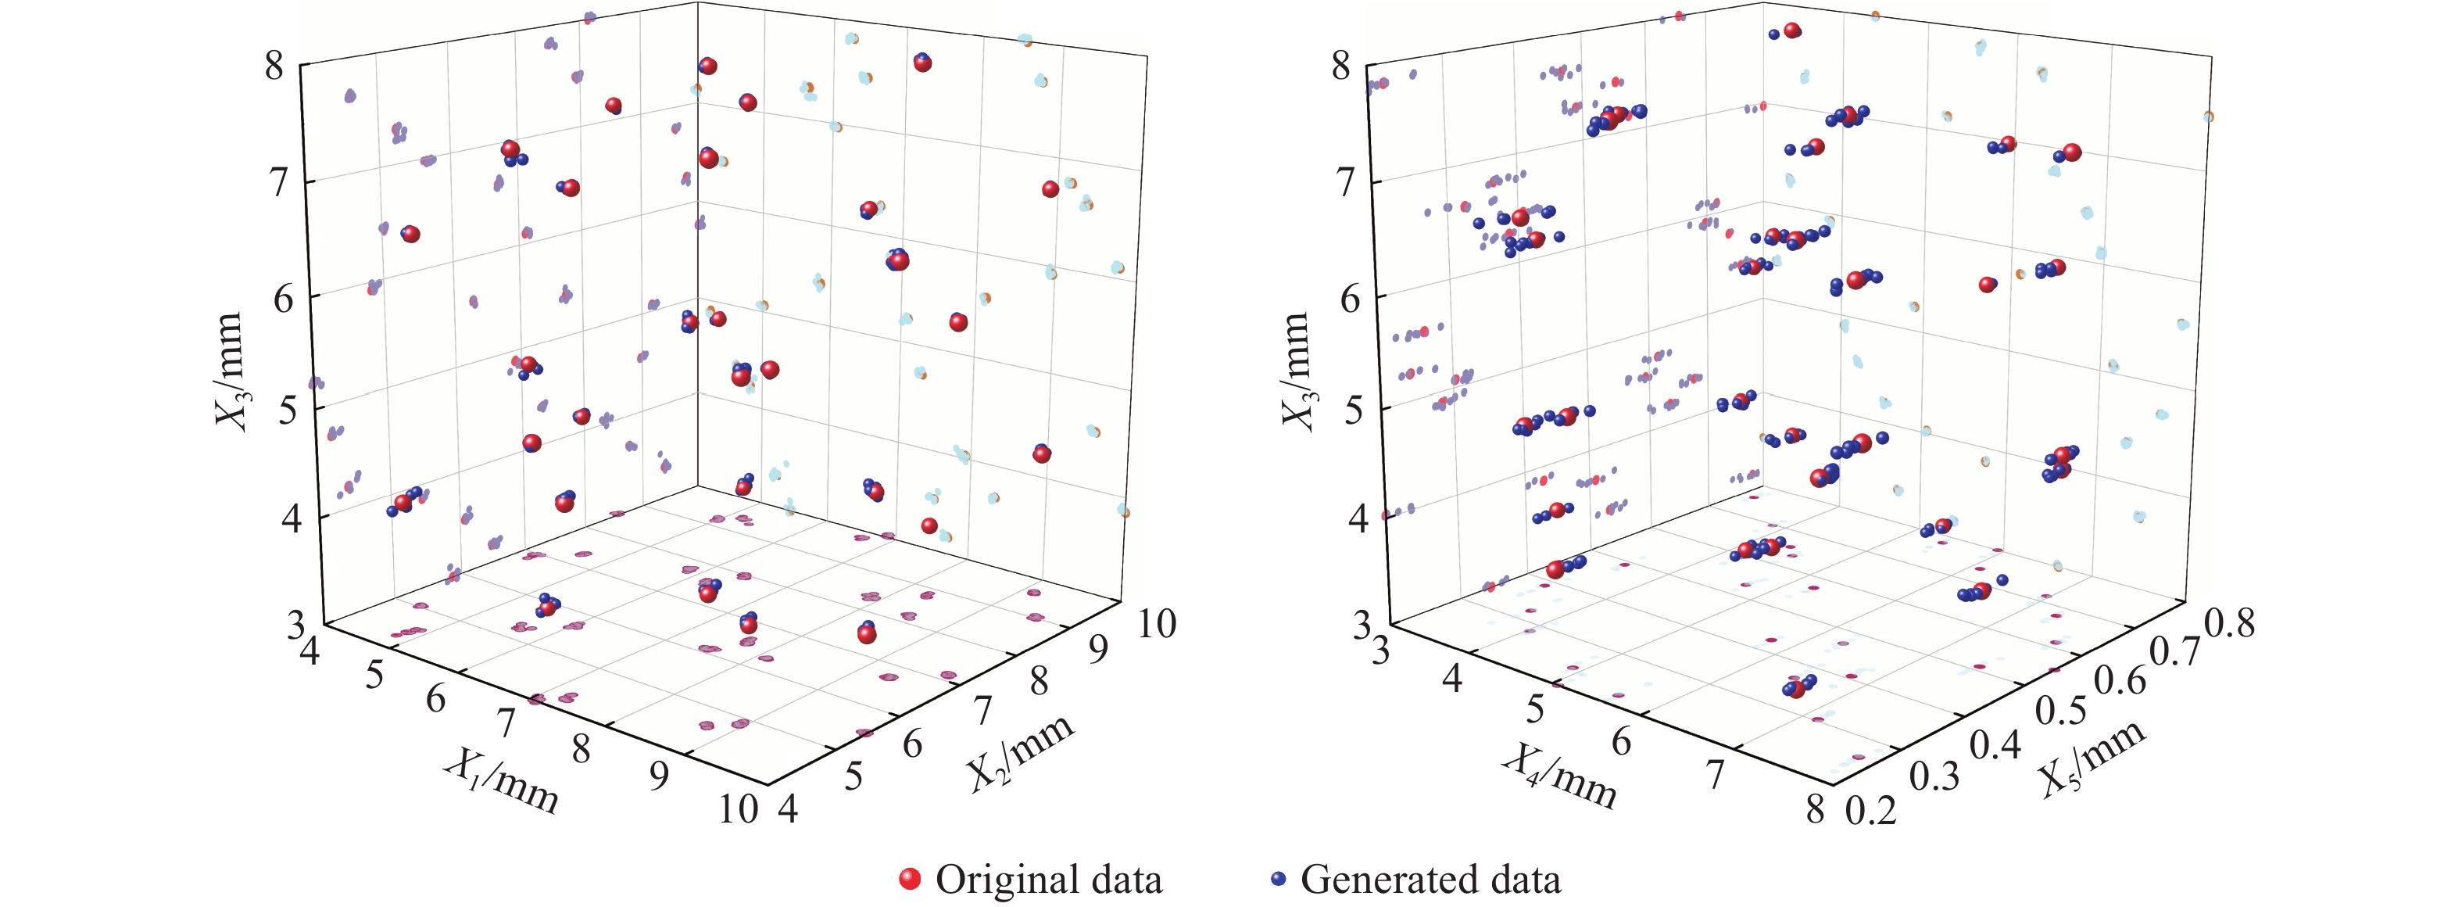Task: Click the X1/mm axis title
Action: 501,780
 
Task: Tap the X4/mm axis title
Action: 1558,775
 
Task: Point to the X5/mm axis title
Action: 2092,755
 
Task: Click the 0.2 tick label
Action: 1870,811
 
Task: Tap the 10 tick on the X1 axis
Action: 739,809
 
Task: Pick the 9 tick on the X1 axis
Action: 660,776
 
